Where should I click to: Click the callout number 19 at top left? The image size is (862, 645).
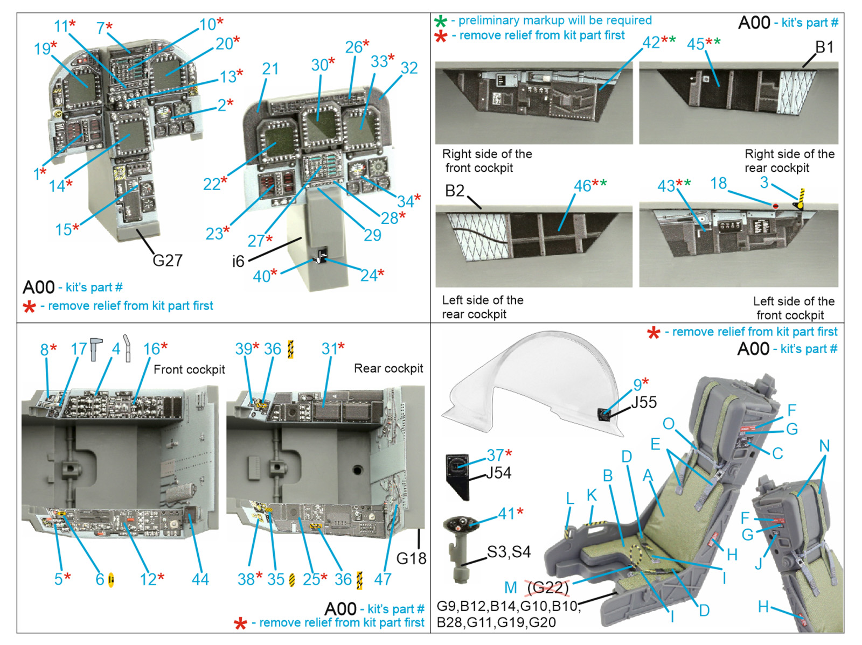coord(42,49)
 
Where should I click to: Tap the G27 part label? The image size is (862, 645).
coord(167,261)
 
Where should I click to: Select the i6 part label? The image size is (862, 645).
coord(238,262)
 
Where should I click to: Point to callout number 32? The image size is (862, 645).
coord(409,68)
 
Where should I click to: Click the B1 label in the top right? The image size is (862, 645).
coord(824,47)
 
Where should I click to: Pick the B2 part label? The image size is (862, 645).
coord(455,191)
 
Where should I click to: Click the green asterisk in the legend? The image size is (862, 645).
coord(441,22)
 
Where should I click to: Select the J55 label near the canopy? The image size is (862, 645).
coord(644,402)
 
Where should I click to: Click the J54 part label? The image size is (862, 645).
coord(498,473)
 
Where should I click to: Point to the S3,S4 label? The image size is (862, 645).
coord(509,552)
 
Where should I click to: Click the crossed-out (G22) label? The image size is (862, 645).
coord(548,587)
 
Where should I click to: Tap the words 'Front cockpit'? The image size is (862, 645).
coord(189,369)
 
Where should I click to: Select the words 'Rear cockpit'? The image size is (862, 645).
coord(388,368)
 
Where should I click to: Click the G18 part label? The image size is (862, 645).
coord(411,559)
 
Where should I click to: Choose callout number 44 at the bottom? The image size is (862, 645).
coord(200,579)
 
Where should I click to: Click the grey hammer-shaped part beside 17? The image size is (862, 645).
coord(96,348)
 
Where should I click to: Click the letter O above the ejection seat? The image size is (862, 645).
coord(668,424)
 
